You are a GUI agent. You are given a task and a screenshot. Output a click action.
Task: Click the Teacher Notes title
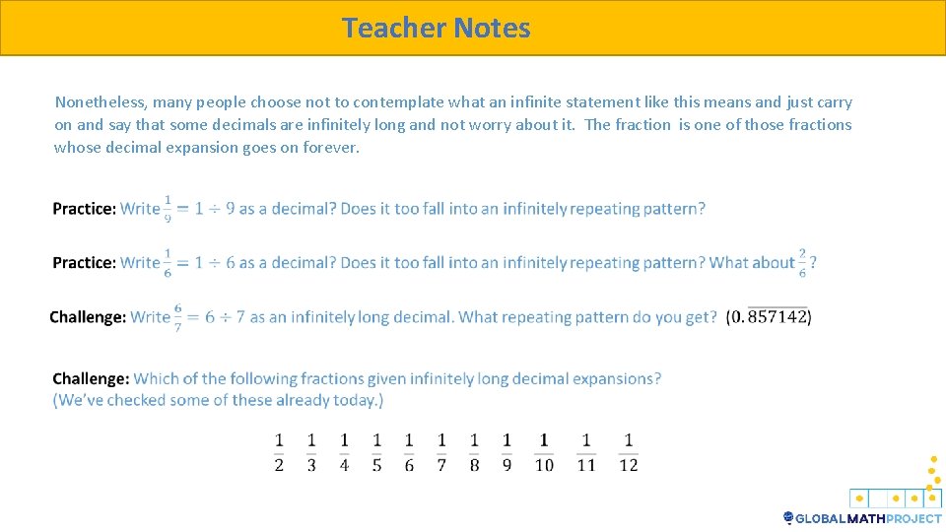pos(436,28)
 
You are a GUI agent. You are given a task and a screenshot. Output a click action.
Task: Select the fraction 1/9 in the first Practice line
pos(168,209)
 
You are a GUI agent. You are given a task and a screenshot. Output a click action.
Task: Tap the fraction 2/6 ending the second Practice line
pos(802,263)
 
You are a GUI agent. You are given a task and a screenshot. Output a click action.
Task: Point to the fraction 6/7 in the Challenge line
pos(177,317)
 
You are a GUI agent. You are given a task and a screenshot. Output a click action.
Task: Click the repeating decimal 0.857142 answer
pos(769,317)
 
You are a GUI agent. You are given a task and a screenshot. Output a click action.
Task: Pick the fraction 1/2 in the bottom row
pos(279,452)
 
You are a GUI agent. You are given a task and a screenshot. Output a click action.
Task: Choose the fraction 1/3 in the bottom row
pos(311,452)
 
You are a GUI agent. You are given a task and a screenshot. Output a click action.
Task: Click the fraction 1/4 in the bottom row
pos(344,452)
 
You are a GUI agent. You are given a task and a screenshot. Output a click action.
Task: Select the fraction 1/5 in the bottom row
pos(376,452)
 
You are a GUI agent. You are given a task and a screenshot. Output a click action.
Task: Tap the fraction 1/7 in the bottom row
pos(441,452)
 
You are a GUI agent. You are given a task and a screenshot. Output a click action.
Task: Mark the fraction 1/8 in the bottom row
pos(474,452)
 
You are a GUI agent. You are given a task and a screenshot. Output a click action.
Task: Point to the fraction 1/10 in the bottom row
pos(544,452)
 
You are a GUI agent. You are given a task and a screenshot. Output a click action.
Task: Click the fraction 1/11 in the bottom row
pos(586,452)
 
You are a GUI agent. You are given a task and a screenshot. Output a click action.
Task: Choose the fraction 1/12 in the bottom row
pos(629,452)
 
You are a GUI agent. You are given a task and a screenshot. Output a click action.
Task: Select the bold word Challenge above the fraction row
pos(91,378)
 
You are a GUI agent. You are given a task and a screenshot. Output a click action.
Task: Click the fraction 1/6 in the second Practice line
pos(168,263)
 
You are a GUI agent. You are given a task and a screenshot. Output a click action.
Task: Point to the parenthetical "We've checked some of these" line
pos(218,400)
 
